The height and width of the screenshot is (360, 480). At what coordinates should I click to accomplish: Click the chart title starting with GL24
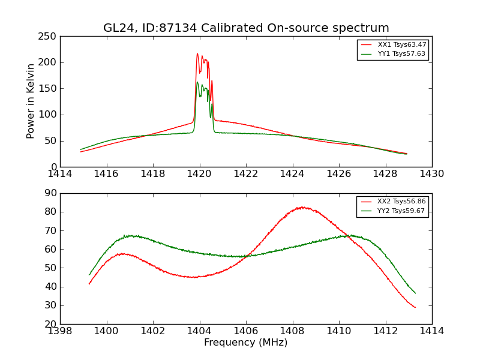tap(246, 28)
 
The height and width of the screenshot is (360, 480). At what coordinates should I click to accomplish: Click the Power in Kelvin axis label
tap(31, 101)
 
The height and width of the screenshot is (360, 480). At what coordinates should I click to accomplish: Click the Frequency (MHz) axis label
tap(246, 343)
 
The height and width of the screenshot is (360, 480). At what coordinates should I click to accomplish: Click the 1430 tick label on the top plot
tap(431, 173)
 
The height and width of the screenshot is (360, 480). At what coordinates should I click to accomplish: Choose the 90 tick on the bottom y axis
tap(51, 193)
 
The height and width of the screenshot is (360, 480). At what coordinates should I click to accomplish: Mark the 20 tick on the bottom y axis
tap(51, 324)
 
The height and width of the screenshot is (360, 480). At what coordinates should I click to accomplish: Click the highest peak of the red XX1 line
tap(197, 54)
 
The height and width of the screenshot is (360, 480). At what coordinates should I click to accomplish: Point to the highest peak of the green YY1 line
tap(197, 82)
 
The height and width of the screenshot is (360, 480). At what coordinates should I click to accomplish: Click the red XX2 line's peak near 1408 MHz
tap(302, 208)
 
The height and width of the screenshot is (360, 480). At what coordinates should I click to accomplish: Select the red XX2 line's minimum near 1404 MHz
tap(194, 277)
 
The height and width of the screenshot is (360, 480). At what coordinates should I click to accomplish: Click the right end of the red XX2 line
tap(415, 308)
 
